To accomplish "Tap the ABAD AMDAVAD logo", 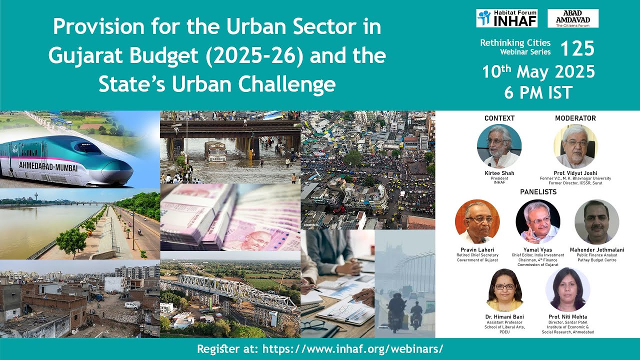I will pyautogui.click(x=573, y=18).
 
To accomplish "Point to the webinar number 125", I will pyautogui.click(x=577, y=49).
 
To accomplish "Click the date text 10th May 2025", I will pyautogui.click(x=538, y=72).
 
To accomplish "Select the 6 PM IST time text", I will pyautogui.click(x=538, y=92).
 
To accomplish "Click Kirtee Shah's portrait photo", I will pyautogui.click(x=499, y=146).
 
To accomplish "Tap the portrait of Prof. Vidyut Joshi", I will pyautogui.click(x=575, y=146).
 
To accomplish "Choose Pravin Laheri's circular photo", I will pyautogui.click(x=477, y=221).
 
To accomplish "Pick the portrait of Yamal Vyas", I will pyautogui.click(x=537, y=221).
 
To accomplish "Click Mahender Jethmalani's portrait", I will pyautogui.click(x=596, y=221).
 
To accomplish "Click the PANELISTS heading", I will pyautogui.click(x=537, y=191).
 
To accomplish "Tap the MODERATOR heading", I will pyautogui.click(x=575, y=118).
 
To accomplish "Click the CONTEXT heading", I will pyautogui.click(x=499, y=118).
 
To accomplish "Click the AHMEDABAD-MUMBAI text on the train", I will pyautogui.click(x=48, y=167).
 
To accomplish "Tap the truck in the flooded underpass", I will pyautogui.click(x=216, y=151).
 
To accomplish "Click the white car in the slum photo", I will pyautogui.click(x=132, y=305).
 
